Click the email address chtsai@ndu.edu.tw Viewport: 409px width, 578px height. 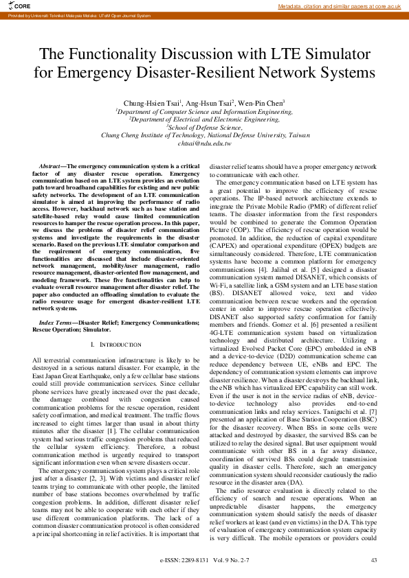coord(204,143)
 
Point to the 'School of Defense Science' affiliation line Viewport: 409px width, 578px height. coord(204,127)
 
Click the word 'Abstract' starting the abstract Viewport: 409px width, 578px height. coord(49,167)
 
